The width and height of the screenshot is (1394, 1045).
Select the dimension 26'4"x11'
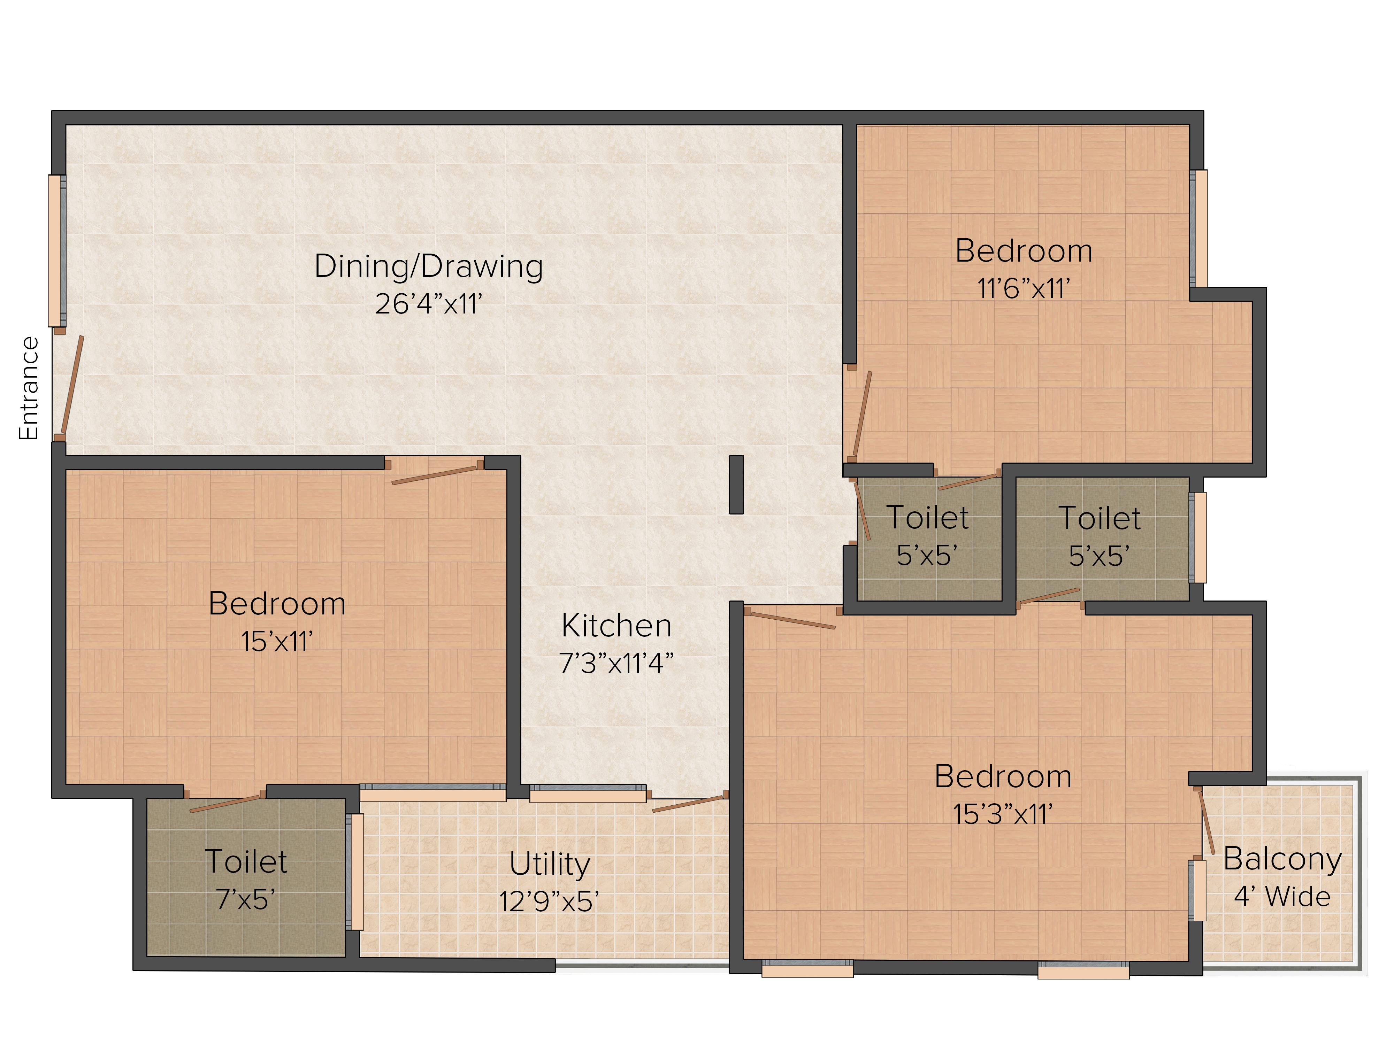coord(429,304)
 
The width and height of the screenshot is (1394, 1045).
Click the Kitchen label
coord(616,626)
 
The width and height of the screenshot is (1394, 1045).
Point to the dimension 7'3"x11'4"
coord(616,663)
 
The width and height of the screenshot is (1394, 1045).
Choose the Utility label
coord(550,864)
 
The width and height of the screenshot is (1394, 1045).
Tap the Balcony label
coord(1282,859)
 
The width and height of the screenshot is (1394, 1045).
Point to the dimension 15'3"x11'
coord(1003,814)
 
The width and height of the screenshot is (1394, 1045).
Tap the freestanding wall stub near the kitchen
coord(736,485)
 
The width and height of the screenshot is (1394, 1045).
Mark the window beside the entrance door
coord(57,251)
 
